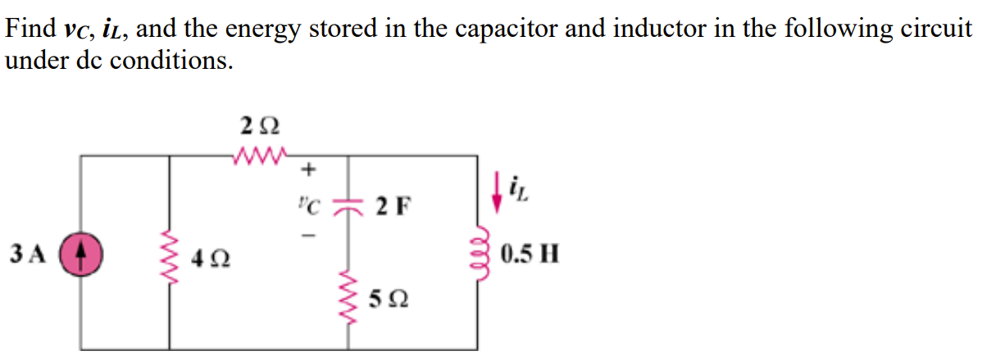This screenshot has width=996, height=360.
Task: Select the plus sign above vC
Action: (308, 171)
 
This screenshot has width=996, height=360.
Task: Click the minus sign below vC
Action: (309, 233)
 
